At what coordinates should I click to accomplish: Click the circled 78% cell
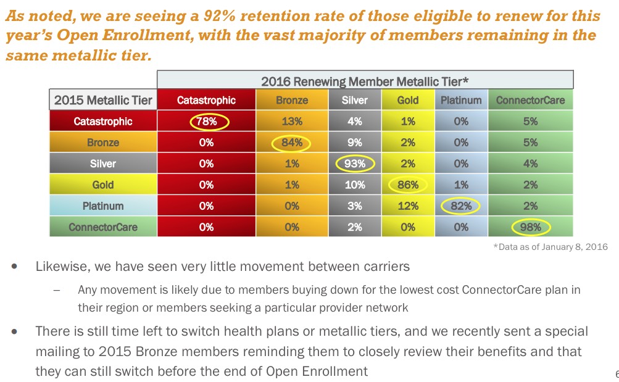pos(207,122)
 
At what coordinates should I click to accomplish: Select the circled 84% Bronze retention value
pos(292,143)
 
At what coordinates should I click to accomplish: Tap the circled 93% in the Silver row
pos(354,164)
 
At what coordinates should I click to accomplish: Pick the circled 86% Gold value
pos(408,185)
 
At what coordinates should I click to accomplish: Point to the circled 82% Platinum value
pos(461,206)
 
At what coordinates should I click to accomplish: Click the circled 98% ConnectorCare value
pos(530,227)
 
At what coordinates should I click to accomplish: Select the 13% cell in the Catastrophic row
pos(292,122)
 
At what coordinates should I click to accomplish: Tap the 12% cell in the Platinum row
pos(408,206)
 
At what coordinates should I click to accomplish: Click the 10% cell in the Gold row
pos(354,185)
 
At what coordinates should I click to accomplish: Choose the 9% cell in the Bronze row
pos(354,143)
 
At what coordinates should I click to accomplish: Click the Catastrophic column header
pos(207,100)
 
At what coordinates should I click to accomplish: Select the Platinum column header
pos(461,100)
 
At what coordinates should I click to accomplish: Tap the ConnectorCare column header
pos(530,100)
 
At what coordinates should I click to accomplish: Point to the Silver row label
pos(102,164)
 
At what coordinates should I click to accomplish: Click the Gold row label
pos(102,185)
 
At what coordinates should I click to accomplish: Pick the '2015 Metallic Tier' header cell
pos(102,100)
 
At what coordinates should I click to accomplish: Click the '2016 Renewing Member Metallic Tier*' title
pos(365,80)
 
